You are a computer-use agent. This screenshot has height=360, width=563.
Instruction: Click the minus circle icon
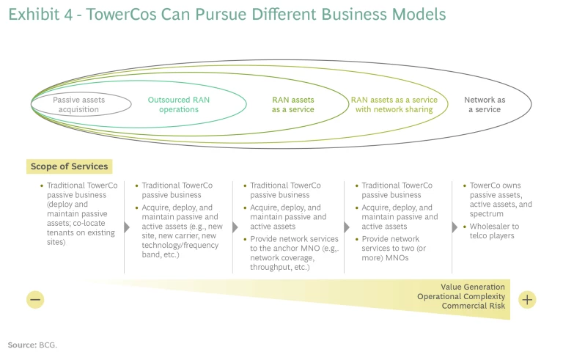click(x=35, y=299)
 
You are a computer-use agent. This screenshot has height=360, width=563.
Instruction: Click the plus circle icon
click(x=527, y=299)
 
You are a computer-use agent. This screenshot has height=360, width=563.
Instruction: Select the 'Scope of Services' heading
click(x=69, y=166)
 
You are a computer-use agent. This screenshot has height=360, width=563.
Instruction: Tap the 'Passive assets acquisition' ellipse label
click(x=79, y=105)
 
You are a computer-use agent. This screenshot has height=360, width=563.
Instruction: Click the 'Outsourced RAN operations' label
click(x=178, y=105)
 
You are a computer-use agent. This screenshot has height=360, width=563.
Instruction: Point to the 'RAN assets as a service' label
click(x=292, y=105)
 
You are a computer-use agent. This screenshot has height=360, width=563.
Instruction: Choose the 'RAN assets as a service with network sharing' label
click(x=394, y=105)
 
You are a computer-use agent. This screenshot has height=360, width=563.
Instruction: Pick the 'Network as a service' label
click(x=485, y=105)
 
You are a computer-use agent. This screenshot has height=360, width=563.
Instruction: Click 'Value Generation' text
click(x=473, y=287)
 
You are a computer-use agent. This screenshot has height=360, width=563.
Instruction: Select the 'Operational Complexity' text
click(x=461, y=296)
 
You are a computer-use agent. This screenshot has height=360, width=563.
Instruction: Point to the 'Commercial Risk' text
click(x=473, y=306)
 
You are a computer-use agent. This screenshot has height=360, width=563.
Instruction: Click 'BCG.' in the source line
click(x=48, y=345)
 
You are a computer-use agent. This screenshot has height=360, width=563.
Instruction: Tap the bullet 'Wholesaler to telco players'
click(x=495, y=231)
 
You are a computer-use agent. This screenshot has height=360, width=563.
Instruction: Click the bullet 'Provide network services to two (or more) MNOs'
click(x=396, y=248)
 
